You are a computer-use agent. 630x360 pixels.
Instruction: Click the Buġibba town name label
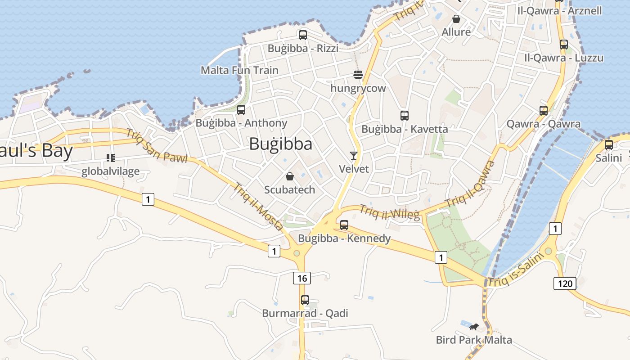280,144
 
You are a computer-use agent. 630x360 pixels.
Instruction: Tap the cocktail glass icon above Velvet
354,156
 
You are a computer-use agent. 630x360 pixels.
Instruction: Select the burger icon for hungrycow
358,75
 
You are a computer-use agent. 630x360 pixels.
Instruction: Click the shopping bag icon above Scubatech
290,176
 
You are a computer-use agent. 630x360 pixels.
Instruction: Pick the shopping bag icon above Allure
456,19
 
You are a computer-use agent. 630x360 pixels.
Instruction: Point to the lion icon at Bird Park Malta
474,327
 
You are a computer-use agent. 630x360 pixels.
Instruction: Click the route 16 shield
302,278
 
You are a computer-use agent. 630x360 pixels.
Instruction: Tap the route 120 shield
565,283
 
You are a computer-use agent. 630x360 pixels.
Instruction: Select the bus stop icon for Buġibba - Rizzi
303,35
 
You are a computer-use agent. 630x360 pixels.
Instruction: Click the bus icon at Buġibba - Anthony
241,109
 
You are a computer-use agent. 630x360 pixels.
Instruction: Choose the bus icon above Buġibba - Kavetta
405,116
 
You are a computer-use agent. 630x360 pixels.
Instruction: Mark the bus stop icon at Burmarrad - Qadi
305,300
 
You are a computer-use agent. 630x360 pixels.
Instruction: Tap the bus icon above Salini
609,145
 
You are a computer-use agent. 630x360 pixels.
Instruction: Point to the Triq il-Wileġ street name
390,212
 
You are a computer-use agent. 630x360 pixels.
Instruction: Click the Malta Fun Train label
239,70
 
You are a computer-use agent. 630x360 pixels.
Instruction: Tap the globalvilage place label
111,171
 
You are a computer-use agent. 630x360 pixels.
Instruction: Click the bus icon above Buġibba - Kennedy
344,225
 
